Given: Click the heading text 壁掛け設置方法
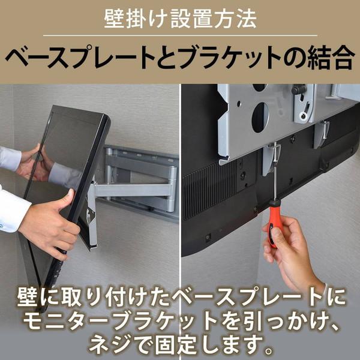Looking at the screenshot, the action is pos(180,19).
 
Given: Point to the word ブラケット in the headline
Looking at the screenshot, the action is pos(230,58).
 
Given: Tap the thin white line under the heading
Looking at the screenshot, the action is pos(180,35).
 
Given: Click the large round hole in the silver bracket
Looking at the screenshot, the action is pos(260,118).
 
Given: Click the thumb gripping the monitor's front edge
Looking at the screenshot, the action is pos(68,198).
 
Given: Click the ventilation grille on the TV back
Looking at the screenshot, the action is pos(209,191).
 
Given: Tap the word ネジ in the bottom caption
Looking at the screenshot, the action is pos(106,345).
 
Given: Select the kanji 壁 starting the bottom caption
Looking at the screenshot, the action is pos(27,298).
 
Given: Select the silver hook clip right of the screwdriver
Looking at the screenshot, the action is pos(322,134).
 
